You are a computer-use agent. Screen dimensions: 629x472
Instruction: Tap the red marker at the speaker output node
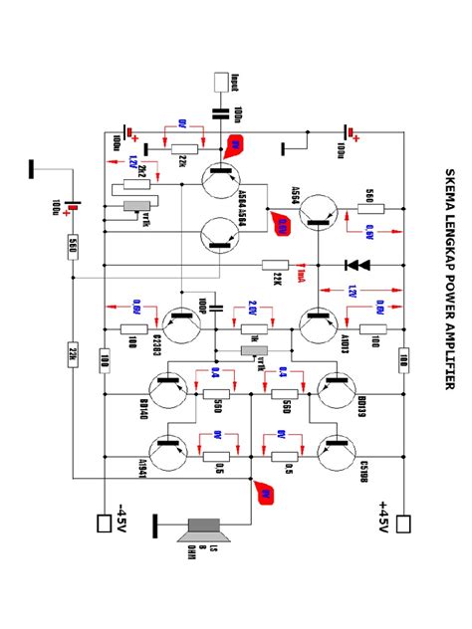click(265, 491)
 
